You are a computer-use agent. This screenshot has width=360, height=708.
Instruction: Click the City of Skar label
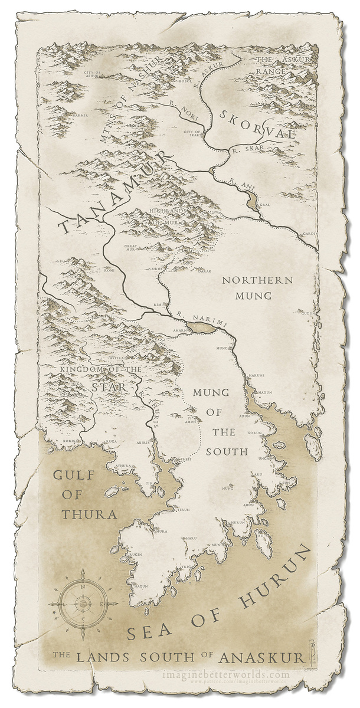192,133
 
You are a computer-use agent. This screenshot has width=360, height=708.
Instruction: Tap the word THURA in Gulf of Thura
89,513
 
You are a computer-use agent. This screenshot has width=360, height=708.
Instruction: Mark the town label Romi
109,272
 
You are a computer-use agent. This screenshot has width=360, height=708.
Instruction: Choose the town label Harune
256,375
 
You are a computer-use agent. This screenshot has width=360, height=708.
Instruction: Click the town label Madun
264,392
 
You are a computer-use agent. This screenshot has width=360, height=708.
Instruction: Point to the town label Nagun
141,586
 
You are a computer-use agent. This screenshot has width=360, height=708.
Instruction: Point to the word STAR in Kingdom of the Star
109,388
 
